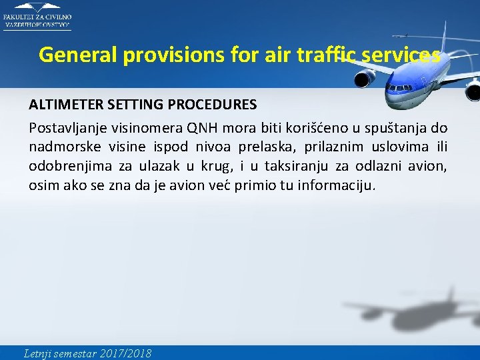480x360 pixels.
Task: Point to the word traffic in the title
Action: coord(325,55)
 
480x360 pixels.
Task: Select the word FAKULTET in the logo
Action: coord(19,17)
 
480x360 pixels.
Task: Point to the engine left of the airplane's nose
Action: coord(364,79)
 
